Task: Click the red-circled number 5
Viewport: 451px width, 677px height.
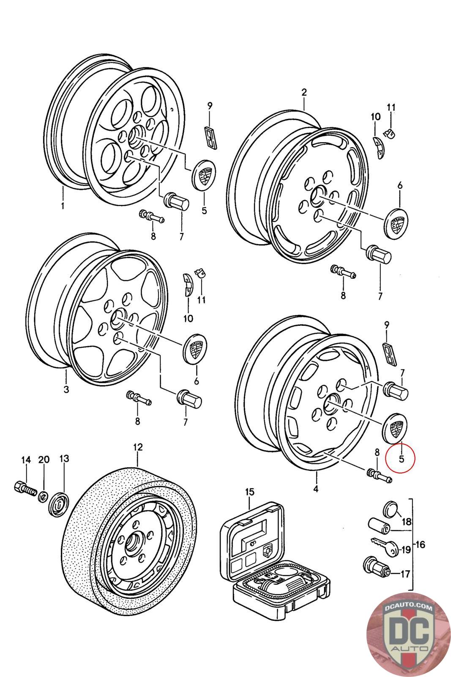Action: point(401,458)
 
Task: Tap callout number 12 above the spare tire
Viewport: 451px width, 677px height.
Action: point(138,447)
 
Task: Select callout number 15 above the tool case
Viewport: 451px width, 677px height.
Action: point(249,492)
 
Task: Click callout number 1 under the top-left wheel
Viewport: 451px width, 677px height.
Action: point(62,206)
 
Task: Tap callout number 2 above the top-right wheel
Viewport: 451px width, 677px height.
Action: point(303,92)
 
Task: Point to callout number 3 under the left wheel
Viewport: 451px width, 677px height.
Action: point(66,389)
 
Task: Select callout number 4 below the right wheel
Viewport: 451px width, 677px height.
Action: point(316,489)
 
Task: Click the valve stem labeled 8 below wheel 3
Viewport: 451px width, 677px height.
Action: point(138,397)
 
